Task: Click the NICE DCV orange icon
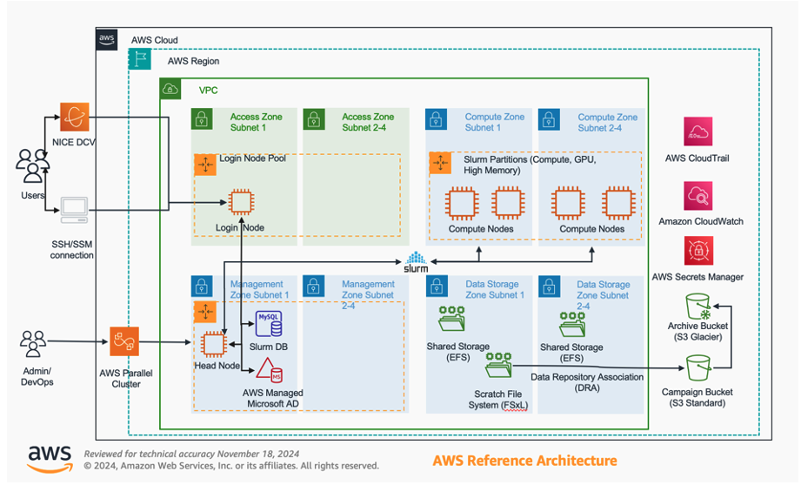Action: point(74,117)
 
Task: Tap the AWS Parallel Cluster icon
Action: point(125,342)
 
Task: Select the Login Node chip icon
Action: point(238,202)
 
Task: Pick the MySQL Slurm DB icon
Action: point(269,324)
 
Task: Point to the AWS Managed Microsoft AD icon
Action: point(270,371)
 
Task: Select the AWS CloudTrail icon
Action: point(698,131)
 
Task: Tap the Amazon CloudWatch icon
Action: point(698,195)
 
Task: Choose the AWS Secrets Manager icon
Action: point(698,252)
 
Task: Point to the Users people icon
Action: point(33,165)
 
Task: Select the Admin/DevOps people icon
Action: point(33,344)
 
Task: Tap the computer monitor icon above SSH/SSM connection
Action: point(74,210)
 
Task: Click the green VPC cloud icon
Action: point(170,89)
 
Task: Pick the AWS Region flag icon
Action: point(139,59)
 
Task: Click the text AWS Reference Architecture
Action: point(524,460)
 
